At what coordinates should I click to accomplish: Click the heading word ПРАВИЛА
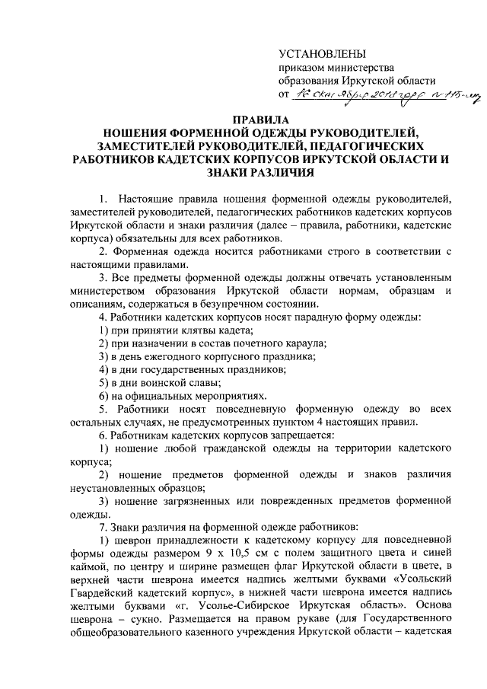(x=256, y=120)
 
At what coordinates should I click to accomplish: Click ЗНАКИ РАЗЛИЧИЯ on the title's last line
(x=256, y=174)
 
